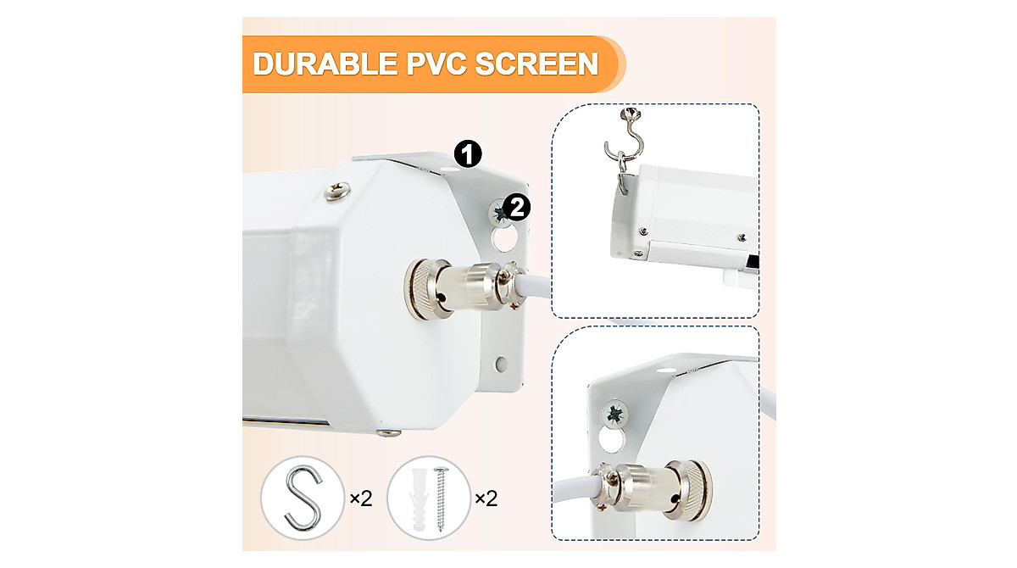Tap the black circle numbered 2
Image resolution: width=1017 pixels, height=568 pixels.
click(x=518, y=205)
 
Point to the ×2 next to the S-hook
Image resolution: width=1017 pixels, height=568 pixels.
click(x=360, y=498)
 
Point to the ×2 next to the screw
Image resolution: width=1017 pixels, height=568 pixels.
click(x=486, y=498)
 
